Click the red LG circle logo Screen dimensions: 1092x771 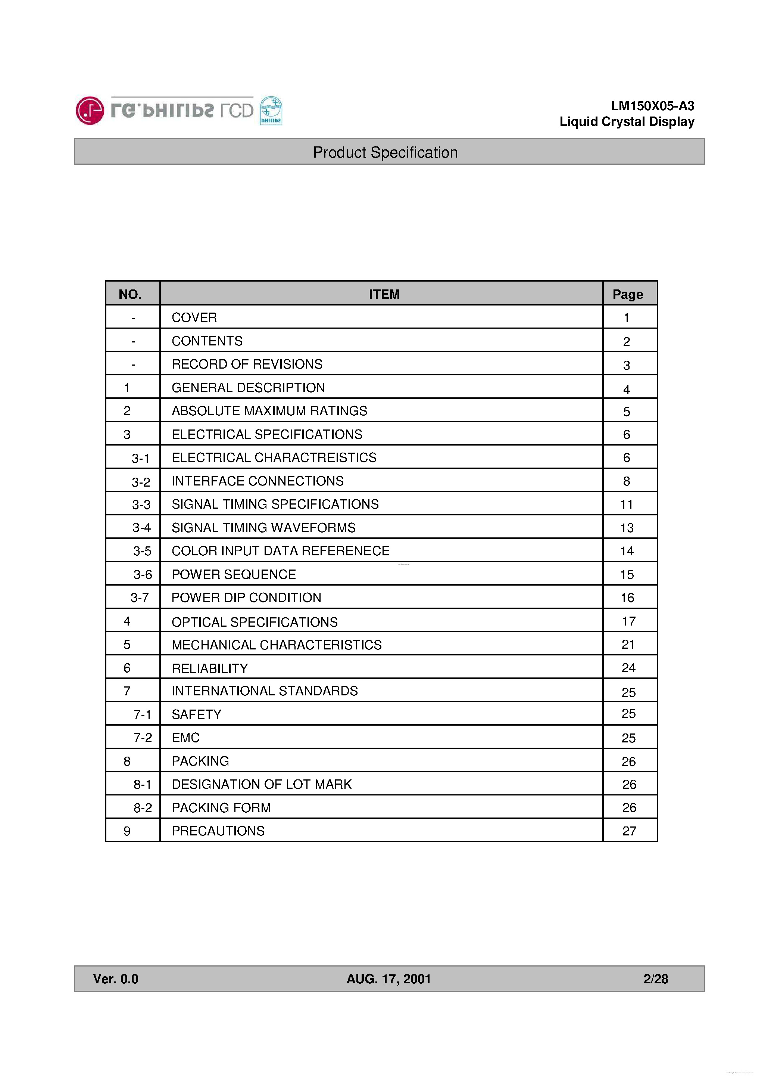coord(89,111)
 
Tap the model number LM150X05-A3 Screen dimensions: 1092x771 coord(652,106)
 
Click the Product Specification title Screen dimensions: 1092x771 coord(385,152)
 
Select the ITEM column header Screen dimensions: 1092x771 coord(384,294)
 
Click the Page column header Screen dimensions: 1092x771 coord(627,294)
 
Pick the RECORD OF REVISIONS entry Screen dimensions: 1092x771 coord(247,364)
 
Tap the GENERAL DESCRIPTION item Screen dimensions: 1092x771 coord(248,388)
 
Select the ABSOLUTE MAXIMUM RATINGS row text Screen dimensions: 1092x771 coord(269,411)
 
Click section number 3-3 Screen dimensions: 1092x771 coord(141,505)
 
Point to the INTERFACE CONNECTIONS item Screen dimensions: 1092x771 coord(257,481)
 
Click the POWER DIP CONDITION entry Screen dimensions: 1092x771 coord(246,598)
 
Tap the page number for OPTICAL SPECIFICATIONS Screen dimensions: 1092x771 coord(628,621)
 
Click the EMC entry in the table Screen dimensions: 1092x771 coord(185,738)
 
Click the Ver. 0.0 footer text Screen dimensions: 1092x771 coord(116,979)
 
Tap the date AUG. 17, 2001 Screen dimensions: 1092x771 coord(388,979)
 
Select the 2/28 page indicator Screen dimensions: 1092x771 coord(655,979)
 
